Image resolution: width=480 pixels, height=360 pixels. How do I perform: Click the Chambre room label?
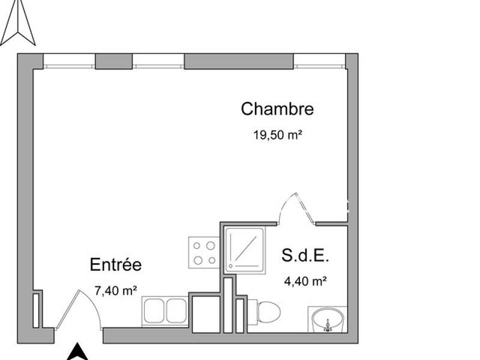point(277,109)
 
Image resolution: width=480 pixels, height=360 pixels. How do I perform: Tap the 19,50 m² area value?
point(277,135)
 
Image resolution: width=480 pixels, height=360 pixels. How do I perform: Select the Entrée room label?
point(115,265)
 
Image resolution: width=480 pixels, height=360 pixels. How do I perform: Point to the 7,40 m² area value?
point(116,291)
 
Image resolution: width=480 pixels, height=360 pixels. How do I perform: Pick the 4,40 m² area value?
point(305,280)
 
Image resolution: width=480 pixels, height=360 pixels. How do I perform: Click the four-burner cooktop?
point(203,252)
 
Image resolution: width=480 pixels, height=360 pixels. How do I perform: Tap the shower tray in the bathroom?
point(244,250)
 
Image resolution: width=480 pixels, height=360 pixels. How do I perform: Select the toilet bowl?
point(268,312)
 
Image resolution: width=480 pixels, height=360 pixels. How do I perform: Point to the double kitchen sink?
point(165,311)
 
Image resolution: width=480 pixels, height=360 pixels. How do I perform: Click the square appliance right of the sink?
point(205,313)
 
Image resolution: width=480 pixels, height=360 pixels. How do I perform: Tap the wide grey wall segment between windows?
point(238,61)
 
